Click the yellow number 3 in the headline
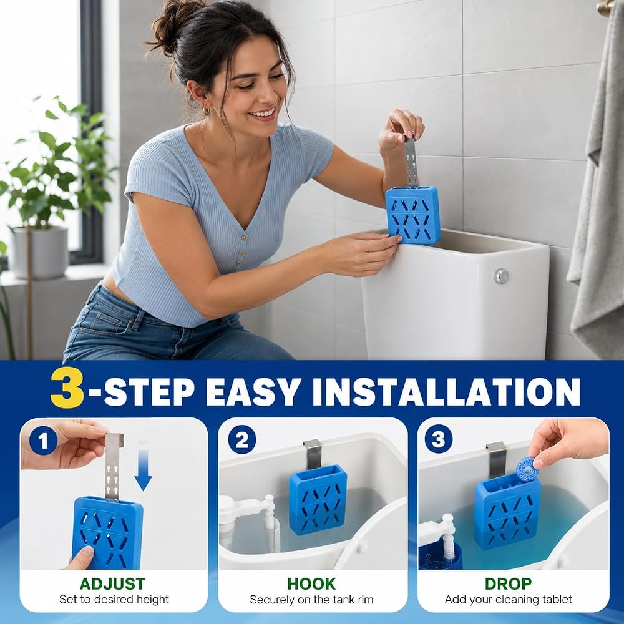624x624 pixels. tap(67, 388)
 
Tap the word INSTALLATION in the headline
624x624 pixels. tap(446, 391)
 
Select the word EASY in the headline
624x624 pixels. tap(252, 391)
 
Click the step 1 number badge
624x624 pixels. tap(44, 441)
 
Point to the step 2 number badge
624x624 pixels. tap(242, 439)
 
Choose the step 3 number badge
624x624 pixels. tap(439, 439)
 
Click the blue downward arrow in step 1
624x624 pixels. tap(143, 466)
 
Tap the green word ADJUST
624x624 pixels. tap(112, 584)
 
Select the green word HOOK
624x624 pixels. tap(311, 584)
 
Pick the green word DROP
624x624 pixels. tap(508, 584)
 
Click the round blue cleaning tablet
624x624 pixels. tap(527, 469)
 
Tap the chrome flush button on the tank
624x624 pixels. tap(502, 276)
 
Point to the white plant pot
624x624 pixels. tap(39, 252)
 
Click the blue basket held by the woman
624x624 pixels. tap(412, 215)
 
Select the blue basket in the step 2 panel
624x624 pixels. tap(318, 499)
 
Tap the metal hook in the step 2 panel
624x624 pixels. tap(313, 454)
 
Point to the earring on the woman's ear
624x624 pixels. tap(206, 110)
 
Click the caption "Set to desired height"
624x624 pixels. tap(114, 599)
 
